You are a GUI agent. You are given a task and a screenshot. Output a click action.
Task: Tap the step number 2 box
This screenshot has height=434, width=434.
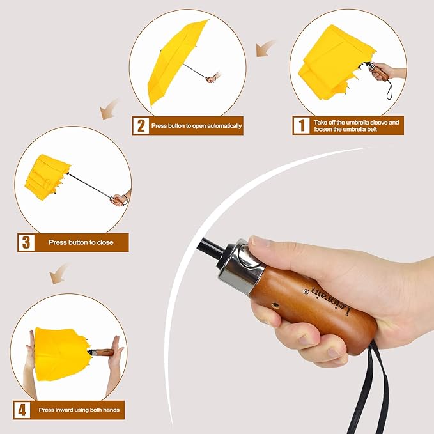point(140,125)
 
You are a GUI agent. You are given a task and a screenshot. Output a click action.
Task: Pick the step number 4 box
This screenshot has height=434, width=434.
point(22,409)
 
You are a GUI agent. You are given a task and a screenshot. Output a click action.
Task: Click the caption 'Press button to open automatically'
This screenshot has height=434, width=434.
point(197,126)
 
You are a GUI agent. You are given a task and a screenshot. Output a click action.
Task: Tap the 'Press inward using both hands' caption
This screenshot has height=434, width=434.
point(81,409)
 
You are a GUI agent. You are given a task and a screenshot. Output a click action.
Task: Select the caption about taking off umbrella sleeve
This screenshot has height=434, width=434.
point(357,125)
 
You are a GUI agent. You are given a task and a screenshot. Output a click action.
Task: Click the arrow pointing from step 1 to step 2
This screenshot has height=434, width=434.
point(266,48)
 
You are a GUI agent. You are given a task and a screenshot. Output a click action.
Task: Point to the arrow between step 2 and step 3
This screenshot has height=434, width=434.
point(109,109)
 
